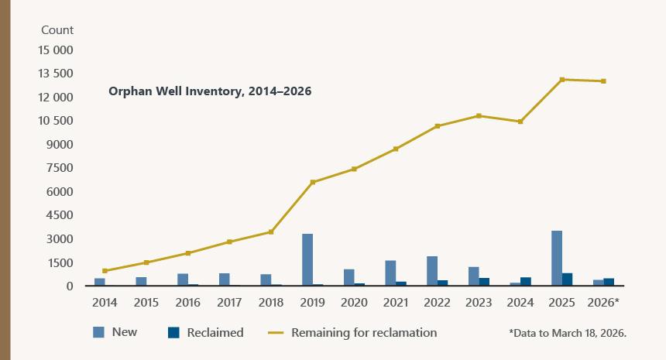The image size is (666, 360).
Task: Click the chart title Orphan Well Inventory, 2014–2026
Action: coord(209,91)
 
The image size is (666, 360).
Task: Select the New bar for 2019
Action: coord(307,260)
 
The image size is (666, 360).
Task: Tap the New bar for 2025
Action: coord(557,259)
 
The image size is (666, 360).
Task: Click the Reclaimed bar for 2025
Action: coord(568,279)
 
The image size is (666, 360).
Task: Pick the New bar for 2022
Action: coord(432,271)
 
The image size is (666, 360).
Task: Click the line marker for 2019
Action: coord(313,182)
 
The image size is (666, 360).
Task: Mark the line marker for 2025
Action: coord(562,80)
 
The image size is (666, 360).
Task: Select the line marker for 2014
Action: coord(105,271)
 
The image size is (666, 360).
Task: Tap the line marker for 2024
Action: coord(520,122)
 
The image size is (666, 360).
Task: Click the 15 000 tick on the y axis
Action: coord(55,50)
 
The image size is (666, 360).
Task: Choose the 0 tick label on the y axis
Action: coord(69,286)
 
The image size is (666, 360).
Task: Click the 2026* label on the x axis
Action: coord(604,303)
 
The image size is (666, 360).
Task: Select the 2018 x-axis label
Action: coord(271,303)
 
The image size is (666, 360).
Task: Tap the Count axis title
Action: coord(57,30)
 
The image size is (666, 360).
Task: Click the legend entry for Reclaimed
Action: coord(215,332)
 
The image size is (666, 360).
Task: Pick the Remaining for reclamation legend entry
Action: coord(364,332)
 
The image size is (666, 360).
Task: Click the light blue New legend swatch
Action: coord(99,332)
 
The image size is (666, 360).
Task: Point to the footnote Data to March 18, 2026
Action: coord(567,333)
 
